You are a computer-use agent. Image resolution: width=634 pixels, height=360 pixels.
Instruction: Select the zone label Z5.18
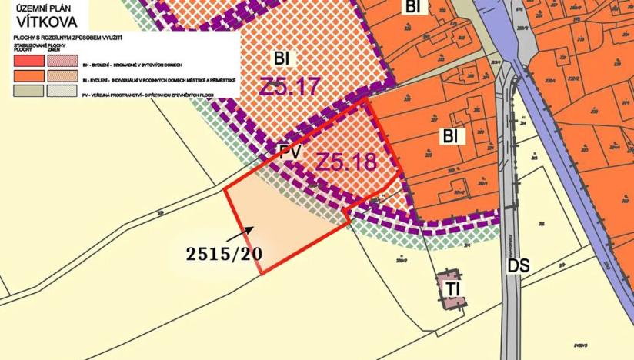(x=346, y=163)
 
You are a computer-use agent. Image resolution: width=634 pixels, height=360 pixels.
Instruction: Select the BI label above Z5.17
(x=284, y=59)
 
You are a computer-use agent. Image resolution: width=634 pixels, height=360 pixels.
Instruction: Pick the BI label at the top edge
(x=413, y=7)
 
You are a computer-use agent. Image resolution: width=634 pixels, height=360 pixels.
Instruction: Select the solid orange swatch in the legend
(x=28, y=77)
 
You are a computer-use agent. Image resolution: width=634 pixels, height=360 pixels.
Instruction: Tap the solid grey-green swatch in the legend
(x=28, y=91)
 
